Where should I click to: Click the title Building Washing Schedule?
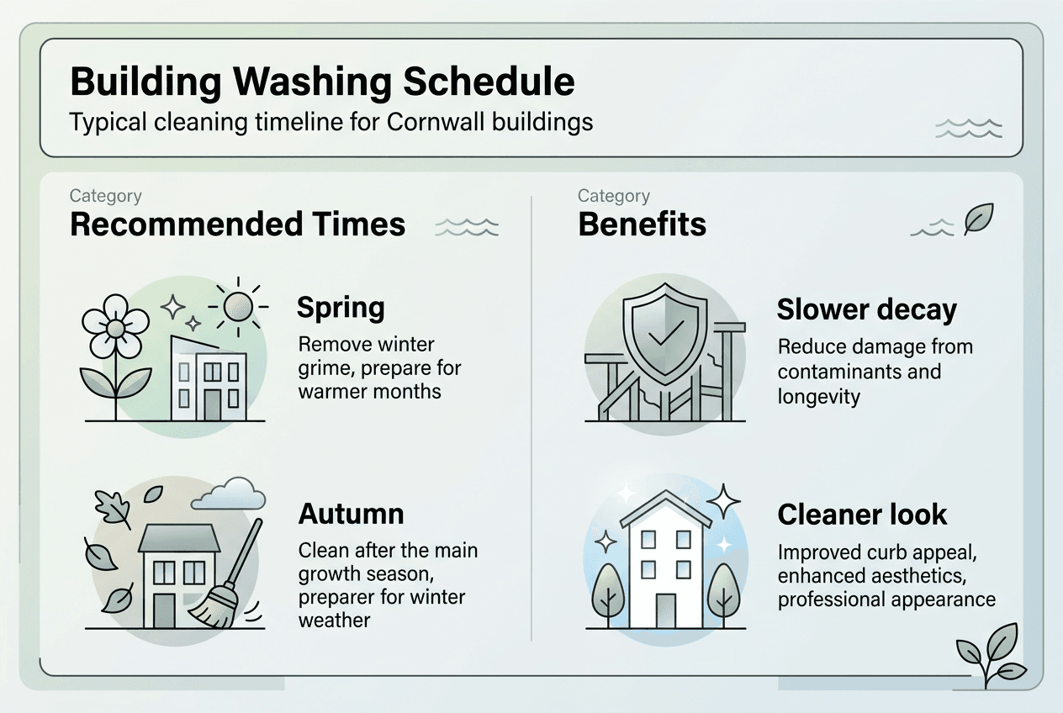[x=322, y=82]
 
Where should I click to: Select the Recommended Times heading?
[x=237, y=224]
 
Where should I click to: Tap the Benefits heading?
[x=642, y=224]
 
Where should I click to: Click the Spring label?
[x=341, y=308]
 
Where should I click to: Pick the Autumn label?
[x=351, y=514]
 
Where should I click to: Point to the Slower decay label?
[x=866, y=309]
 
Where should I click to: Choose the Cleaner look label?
[x=862, y=514]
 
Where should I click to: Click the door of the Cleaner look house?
[x=665, y=610]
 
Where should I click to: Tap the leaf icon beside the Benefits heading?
[x=978, y=219]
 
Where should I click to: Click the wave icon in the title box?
[x=969, y=128]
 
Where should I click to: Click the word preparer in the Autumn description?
[x=339, y=598]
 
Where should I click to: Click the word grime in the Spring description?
[x=323, y=368]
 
